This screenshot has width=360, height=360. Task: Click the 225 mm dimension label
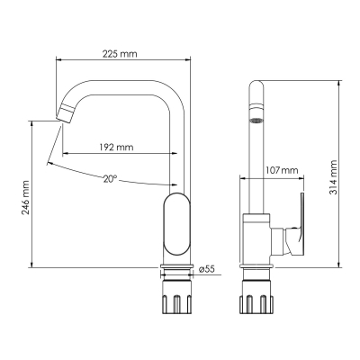[x=120, y=54]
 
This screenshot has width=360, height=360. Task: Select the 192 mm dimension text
[x=116, y=148]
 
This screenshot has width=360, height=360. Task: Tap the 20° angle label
[x=110, y=179]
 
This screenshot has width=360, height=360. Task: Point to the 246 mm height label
[x=26, y=198]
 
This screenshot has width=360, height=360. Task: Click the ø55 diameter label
[x=207, y=269]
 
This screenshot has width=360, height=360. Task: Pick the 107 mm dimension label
[x=282, y=170]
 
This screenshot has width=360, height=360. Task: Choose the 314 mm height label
[x=333, y=177]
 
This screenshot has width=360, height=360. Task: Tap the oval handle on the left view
[x=177, y=224]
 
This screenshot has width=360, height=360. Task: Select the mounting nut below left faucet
[x=177, y=297]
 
